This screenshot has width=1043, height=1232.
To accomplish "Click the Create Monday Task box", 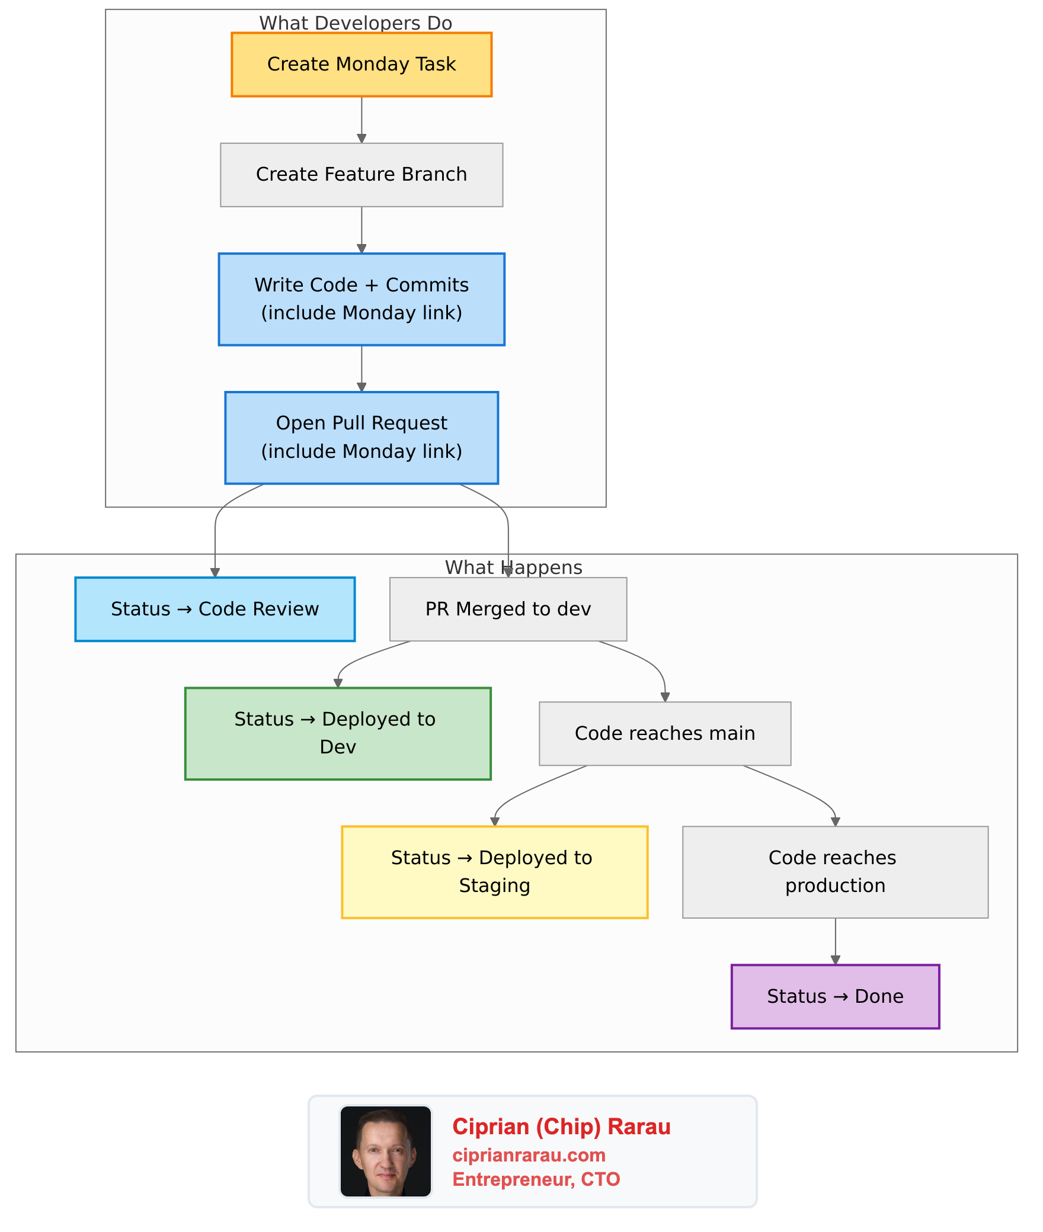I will (361, 65).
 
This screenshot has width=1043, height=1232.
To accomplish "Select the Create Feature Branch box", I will (361, 175).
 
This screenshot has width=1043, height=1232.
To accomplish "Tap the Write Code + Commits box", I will (361, 299).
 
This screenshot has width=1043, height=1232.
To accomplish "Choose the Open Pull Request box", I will (361, 438).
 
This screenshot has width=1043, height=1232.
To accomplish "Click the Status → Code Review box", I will (215, 609).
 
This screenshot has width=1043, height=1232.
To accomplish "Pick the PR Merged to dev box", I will (508, 609).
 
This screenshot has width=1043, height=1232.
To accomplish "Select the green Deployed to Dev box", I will (338, 733).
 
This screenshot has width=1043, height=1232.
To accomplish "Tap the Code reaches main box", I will (664, 733).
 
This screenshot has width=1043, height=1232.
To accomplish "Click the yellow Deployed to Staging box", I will (494, 872).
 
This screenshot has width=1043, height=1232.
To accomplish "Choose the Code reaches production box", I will (835, 872).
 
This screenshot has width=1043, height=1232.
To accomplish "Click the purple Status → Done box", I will (835, 996).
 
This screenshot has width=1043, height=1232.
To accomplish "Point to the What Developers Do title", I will (356, 23).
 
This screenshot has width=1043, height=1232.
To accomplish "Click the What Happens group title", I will (514, 567).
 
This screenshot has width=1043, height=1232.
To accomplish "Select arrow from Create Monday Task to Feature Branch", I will (361, 119).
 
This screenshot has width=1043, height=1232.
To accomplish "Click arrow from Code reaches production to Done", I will (835, 941).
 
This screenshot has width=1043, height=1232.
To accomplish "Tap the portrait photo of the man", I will (386, 1151).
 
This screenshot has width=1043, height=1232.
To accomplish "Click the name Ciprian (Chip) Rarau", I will (561, 1127).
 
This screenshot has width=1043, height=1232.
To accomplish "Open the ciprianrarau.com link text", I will (529, 1155).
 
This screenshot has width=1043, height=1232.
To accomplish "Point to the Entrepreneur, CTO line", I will (536, 1179).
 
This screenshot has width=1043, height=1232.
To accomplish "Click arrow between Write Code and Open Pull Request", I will (361, 368).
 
